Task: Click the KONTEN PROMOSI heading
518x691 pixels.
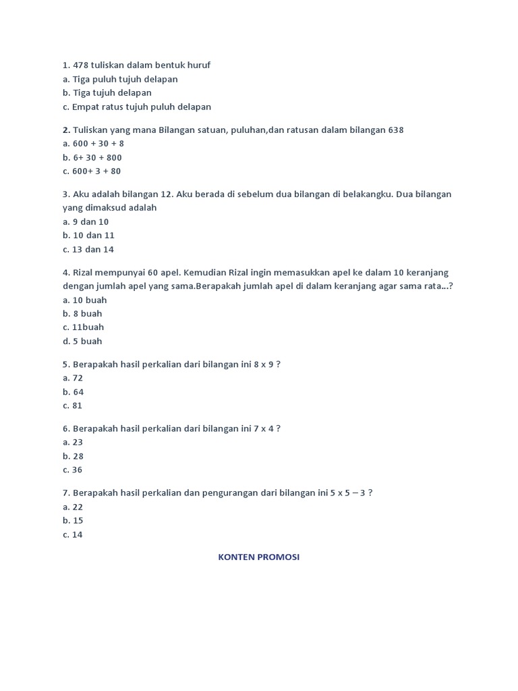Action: pos(258,557)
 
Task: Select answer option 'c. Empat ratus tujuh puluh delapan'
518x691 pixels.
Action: pos(137,107)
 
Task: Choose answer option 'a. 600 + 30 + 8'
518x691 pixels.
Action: pos(93,144)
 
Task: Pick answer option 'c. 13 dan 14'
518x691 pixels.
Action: pos(88,249)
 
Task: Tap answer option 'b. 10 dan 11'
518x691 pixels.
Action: pos(88,236)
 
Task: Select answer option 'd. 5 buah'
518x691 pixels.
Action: pos(82,341)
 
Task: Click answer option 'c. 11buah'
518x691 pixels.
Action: pos(83,327)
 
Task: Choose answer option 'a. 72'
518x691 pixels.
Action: pos(72,378)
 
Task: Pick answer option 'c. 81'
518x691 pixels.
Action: pos(72,406)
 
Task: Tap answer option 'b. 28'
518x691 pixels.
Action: pos(72,456)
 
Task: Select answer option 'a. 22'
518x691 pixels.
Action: pos(72,507)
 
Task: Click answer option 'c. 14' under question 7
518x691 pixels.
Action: pos(72,534)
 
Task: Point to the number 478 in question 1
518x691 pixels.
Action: pos(81,65)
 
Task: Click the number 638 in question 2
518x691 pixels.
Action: pos(396,130)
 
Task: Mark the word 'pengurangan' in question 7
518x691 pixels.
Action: pos(234,493)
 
